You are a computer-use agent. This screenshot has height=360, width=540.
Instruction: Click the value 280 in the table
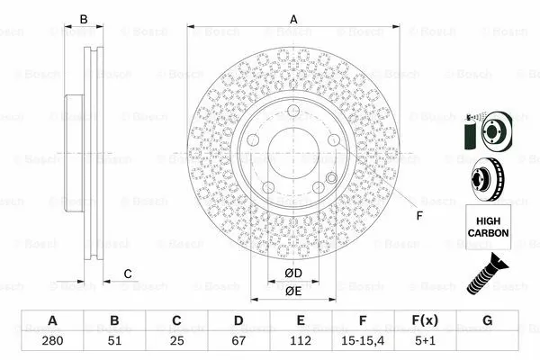pos(51,342)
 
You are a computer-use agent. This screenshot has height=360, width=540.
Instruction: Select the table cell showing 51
pos(114,342)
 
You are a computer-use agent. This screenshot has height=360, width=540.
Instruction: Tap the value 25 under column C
pos(176,342)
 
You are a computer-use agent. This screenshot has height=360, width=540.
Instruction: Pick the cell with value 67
pos(238,342)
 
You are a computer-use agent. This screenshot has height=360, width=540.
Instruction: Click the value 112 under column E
pos(301,342)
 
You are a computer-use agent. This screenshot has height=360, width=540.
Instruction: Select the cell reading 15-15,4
pos(363,342)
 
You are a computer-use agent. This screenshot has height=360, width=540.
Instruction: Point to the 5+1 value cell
pos(425,342)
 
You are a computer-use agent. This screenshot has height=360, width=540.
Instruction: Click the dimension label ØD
pos(292,273)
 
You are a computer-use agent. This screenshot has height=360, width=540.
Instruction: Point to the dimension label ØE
pos(292,290)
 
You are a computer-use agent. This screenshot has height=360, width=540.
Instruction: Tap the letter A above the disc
pos(292,19)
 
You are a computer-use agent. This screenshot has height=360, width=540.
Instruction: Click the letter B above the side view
pos(84,19)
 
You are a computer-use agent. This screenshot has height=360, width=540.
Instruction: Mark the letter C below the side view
pos(128,274)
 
